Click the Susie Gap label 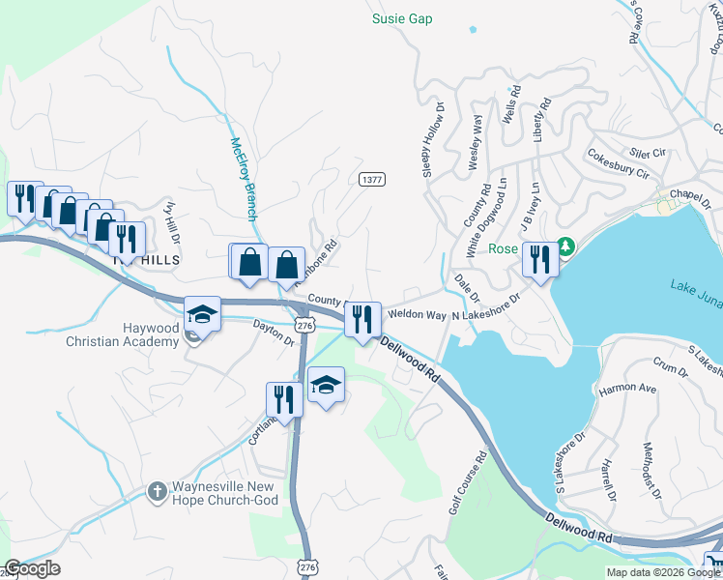402,18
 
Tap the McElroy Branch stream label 244,179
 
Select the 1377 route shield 371,180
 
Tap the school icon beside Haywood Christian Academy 202,314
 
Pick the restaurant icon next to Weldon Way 362,320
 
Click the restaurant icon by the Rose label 539,258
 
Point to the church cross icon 156,492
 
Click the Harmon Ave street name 627,390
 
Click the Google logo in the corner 32,568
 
